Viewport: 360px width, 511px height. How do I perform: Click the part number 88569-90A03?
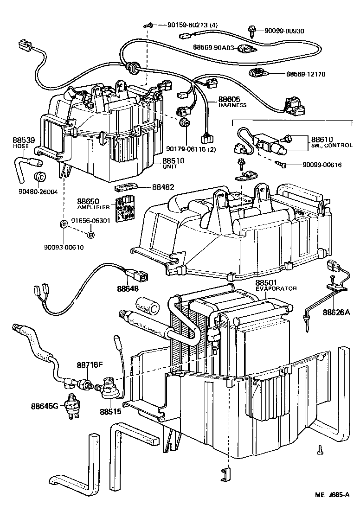214,47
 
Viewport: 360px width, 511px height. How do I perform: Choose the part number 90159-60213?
180,25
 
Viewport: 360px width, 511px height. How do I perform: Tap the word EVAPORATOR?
276,288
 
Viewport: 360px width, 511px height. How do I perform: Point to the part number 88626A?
336,313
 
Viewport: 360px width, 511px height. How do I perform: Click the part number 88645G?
45,406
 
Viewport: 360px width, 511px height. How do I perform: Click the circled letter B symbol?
91,236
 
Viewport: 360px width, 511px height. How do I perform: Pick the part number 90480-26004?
39,192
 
